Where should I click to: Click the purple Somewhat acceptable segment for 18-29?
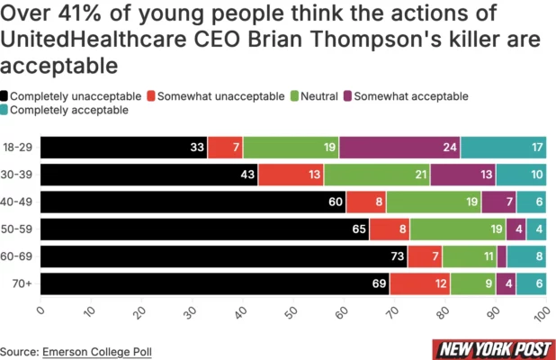pos(399,148)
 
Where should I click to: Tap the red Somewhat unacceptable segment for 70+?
pos(419,284)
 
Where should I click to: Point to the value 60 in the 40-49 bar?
pos(336,202)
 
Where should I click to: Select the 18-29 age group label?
pos(18,148)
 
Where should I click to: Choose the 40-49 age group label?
pos(18,202)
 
